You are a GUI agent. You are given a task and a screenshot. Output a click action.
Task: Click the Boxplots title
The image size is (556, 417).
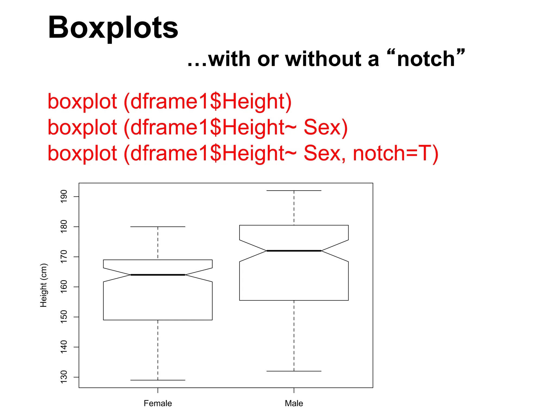tap(113, 28)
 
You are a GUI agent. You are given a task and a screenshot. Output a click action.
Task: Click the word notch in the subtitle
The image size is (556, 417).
tap(426, 59)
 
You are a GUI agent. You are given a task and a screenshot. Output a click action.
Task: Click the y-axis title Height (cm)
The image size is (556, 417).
tap(44, 285)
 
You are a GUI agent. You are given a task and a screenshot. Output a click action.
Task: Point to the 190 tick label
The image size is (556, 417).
tap(64, 196)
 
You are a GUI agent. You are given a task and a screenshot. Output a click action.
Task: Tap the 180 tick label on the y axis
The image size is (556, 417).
tap(64, 226)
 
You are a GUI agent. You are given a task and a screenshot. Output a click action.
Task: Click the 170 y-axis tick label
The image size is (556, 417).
tap(64, 257)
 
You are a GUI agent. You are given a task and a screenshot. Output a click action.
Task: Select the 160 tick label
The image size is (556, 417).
tap(64, 287)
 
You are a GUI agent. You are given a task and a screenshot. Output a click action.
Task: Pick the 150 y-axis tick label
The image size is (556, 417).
tap(64, 317)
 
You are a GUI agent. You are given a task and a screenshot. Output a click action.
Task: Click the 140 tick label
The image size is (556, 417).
tap(64, 347)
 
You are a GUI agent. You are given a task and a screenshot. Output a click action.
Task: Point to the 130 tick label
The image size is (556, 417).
tap(64, 377)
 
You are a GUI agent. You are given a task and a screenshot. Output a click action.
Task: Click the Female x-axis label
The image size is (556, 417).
tap(158, 403)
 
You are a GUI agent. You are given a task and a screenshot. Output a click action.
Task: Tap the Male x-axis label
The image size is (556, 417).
tap(294, 403)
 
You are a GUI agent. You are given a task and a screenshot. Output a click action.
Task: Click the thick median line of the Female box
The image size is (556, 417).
tap(158, 275)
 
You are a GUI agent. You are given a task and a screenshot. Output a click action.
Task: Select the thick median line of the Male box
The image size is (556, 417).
tap(294, 251)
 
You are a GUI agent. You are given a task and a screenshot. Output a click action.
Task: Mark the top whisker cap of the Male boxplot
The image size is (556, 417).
tap(294, 191)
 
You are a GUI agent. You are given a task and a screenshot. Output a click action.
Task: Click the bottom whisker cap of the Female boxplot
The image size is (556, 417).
tap(158, 380)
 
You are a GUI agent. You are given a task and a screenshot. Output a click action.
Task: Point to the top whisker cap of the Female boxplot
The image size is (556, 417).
tap(158, 226)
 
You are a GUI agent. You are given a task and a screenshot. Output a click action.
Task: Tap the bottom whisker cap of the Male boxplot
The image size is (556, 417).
tap(294, 371)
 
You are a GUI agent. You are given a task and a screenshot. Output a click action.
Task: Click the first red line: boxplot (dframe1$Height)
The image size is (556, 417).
tap(169, 102)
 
